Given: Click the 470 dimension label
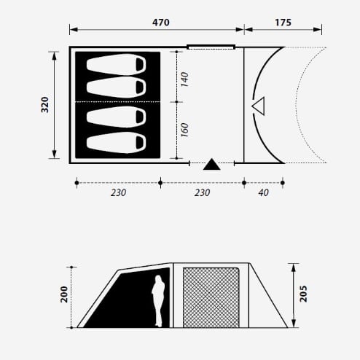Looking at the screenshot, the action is point(161,23).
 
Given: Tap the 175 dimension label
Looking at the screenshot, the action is point(283,23).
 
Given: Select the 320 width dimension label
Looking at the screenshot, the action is point(45,105).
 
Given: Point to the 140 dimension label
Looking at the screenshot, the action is point(185,79).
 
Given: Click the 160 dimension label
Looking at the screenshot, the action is point(185,130).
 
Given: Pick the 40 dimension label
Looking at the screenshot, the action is point(264,193).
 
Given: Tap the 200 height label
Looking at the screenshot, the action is point(64,294).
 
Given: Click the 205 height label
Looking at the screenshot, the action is point(303,294).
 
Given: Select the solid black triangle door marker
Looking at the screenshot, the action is point(212,164).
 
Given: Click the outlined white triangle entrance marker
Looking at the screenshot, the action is point(259,106).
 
